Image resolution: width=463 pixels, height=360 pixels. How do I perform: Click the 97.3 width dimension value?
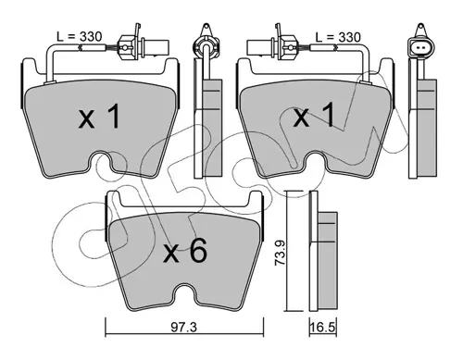(184, 328)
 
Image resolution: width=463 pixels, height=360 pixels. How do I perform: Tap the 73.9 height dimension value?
(280, 252)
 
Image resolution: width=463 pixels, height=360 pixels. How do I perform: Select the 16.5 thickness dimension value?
(323, 328)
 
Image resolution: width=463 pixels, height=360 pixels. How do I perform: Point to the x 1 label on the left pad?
(99, 116)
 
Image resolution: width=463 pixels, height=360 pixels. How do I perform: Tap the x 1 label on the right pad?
(314, 116)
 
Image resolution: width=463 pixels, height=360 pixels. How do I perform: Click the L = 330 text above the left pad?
(80, 37)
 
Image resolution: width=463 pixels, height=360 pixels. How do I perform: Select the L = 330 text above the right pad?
(338, 37)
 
